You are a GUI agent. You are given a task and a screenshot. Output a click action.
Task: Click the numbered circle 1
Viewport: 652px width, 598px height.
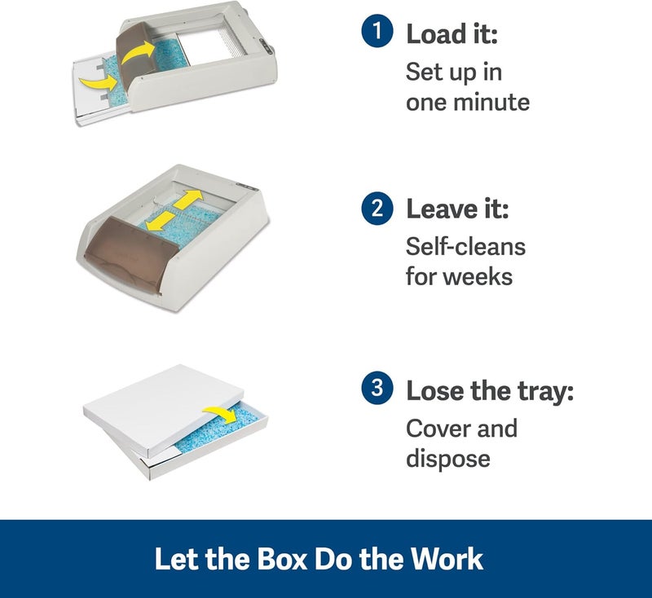pos(377,31)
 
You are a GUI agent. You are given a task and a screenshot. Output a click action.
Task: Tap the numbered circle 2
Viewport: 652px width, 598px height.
pos(377,209)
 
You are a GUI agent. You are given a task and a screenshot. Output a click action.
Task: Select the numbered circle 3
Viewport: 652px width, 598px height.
pos(377,388)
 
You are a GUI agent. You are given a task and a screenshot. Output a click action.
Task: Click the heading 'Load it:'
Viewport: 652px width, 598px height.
pos(452,33)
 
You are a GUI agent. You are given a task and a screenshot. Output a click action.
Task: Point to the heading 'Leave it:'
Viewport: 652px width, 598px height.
pos(457,209)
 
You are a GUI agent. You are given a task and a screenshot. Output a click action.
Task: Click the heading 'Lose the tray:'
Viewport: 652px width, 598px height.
pos(490,391)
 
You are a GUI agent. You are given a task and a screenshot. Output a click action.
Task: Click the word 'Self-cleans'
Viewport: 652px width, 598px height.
pos(465,246)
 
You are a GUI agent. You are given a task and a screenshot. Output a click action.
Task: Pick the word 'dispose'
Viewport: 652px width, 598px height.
pos(447,459)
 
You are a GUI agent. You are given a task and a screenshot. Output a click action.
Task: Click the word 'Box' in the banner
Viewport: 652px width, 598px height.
pos(282,559)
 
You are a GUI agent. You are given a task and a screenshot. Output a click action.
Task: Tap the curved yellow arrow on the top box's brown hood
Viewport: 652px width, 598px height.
pos(138,52)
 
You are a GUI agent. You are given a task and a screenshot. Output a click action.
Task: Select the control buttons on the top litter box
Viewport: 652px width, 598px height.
pos(267,46)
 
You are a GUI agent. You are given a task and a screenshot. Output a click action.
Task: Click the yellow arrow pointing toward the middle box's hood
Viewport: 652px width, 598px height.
pos(160,220)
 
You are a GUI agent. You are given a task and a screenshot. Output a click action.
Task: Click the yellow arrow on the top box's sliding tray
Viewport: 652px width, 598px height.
pos(99,81)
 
